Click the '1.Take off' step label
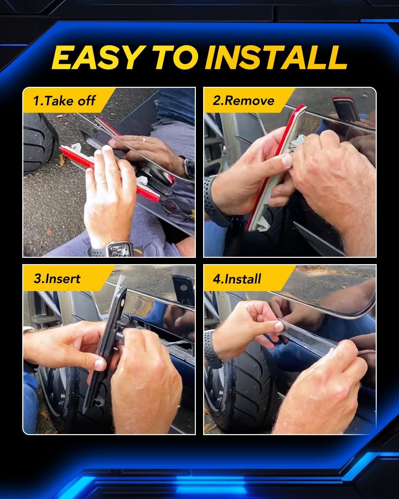point(64,101)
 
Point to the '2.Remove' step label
point(243,101)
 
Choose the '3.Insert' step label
point(57,278)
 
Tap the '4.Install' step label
point(237,278)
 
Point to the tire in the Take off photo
point(40,143)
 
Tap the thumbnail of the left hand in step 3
point(99,364)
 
